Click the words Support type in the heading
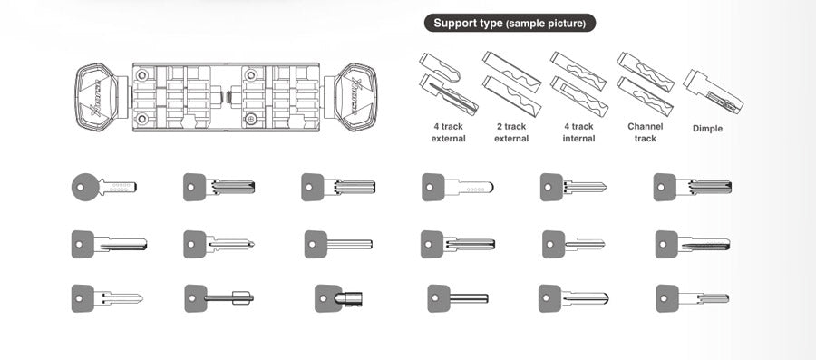pyautogui.click(x=468, y=23)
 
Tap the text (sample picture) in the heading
pyautogui.click(x=546, y=24)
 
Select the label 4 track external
pyautogui.click(x=448, y=132)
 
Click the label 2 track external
pyautogui.click(x=511, y=132)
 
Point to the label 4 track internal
pyautogui.click(x=578, y=132)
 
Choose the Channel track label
pyautogui.click(x=646, y=132)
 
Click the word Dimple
pyautogui.click(x=707, y=129)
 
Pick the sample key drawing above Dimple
pyautogui.click(x=713, y=92)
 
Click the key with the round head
pyautogui.click(x=103, y=188)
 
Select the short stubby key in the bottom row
pyautogui.click(x=339, y=298)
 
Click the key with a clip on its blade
pyautogui.click(x=219, y=298)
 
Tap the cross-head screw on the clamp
pyautogui.click(x=251, y=119)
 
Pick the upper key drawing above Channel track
pyautogui.click(x=646, y=72)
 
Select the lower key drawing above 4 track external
pyautogui.click(x=449, y=94)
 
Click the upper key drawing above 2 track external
pyautogui.click(x=511, y=72)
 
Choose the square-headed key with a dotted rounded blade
pyautogui.click(x=458, y=188)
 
